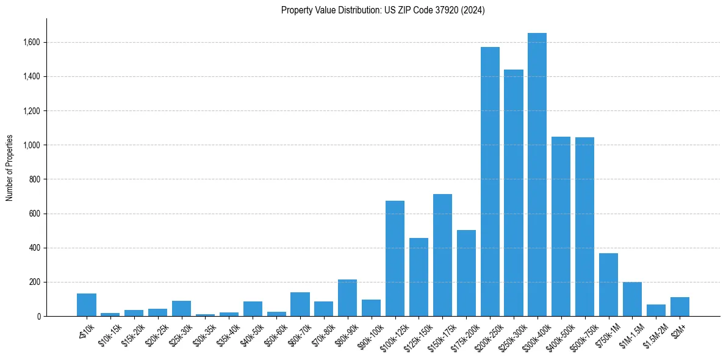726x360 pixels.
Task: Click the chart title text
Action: [x=383, y=10]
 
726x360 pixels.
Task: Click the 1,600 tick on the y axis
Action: [x=32, y=43]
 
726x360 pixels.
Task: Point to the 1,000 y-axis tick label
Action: [x=32, y=145]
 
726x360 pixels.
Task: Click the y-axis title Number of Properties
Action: [x=10, y=167]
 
